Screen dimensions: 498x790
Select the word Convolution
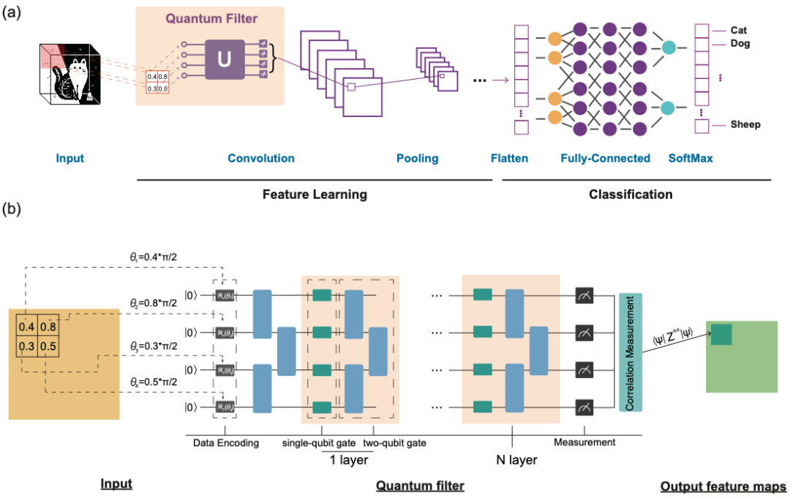261,158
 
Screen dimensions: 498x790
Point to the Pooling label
417,158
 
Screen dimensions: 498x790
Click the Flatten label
510,158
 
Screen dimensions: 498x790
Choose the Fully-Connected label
605,158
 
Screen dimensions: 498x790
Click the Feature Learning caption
315,195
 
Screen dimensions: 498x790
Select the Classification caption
631,195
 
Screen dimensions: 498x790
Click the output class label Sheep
745,124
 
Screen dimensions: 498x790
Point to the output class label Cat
739,30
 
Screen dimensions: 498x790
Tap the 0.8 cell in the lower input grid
48,327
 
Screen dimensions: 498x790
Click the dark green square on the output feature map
721,334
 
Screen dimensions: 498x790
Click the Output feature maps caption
723,486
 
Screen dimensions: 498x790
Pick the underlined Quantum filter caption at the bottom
420,486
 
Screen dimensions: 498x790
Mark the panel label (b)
12,210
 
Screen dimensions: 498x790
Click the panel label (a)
12,12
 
